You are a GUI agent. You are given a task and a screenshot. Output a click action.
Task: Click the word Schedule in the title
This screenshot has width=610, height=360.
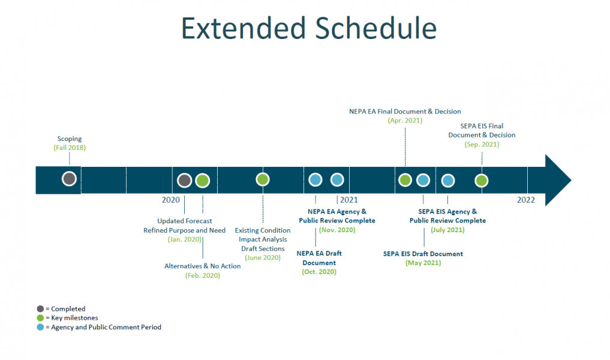(373, 28)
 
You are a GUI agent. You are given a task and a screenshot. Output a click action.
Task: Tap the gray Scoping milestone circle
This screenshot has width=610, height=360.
(69, 179)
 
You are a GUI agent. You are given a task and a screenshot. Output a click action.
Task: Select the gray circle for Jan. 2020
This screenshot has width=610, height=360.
(184, 180)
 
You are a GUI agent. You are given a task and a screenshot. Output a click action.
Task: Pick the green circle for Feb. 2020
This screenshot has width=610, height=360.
(202, 180)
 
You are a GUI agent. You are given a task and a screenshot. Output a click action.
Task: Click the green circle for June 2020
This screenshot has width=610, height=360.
(262, 179)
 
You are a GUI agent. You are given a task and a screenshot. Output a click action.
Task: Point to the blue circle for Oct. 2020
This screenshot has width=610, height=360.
(315, 179)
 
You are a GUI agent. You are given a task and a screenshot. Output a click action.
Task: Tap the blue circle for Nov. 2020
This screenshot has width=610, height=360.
(337, 179)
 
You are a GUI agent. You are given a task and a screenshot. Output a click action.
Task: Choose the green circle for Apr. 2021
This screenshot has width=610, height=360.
(405, 179)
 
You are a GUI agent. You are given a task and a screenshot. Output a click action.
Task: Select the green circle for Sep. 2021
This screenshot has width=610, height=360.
(481, 180)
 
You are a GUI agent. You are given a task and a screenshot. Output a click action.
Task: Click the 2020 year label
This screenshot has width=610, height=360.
(171, 200)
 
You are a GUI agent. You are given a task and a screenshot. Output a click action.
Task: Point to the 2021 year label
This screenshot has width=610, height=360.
(348, 200)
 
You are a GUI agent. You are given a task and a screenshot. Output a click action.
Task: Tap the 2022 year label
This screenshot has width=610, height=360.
(526, 200)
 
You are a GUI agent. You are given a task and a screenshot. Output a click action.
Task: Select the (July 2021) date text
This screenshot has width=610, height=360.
(447, 230)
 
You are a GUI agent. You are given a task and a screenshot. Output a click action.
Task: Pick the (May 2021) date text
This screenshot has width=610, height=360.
(423, 263)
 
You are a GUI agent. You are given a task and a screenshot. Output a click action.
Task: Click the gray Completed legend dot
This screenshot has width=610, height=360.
(40, 309)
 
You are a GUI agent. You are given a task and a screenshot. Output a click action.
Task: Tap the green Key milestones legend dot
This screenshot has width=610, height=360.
(40, 318)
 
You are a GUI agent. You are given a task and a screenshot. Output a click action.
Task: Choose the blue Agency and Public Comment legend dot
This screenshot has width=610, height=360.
(40, 327)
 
